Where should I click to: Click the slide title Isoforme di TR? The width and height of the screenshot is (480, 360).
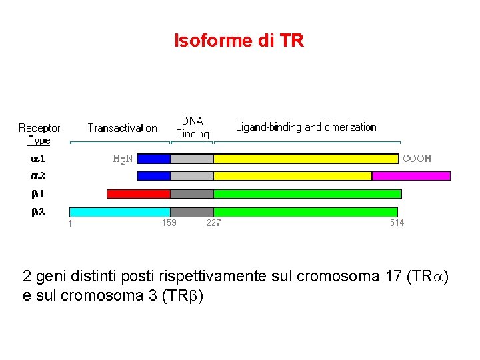coord(239,41)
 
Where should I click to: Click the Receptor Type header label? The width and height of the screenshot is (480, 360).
coord(39,134)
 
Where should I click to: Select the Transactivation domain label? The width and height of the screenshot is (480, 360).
coord(122,128)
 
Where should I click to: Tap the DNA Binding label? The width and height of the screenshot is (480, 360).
coord(193,127)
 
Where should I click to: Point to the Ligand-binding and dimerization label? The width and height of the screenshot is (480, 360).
coord(306,127)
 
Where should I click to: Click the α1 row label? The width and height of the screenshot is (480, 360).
coord(38,159)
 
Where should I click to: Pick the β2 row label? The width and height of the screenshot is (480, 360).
coord(38,212)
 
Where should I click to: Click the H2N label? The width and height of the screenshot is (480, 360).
coord(122,159)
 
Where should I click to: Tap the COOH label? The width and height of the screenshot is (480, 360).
coord(417,159)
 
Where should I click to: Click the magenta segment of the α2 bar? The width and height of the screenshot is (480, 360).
coord(411,176)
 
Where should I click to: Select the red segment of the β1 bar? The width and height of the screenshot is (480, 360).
coord(139,194)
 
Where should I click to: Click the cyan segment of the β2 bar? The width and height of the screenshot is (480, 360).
coord(120,212)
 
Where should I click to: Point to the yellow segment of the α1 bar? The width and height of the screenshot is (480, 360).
coord(305,159)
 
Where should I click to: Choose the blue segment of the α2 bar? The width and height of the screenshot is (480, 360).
coord(153,176)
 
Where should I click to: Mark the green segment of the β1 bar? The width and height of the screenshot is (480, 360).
coord(307,194)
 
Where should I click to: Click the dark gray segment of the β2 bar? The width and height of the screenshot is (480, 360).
coord(191,212)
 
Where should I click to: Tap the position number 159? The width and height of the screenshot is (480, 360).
coord(169,223)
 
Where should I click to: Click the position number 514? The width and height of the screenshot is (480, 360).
coord(397,223)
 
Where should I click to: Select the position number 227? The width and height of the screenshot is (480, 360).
coord(213,223)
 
